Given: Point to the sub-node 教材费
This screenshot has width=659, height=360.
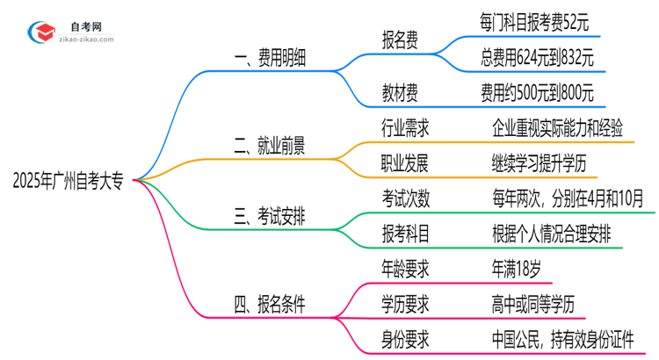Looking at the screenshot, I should coord(400,90).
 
